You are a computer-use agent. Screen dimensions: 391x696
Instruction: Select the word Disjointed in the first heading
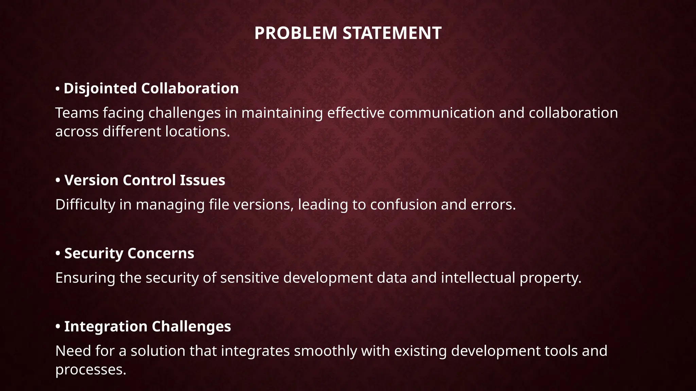point(100,89)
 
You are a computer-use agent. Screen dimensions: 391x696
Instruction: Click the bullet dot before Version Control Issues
point(58,180)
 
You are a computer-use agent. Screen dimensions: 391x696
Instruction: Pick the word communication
point(441,113)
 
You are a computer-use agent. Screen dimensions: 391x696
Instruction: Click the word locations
point(197,132)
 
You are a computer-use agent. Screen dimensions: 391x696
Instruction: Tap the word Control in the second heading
point(149,180)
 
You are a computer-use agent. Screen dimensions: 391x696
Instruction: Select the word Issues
point(203,180)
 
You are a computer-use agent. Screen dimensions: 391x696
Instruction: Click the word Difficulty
point(85,205)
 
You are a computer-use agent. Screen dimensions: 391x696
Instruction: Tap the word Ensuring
point(85,278)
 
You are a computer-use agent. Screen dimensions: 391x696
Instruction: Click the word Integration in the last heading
point(106,327)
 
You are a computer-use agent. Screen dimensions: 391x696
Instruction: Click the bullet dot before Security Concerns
point(58,254)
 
